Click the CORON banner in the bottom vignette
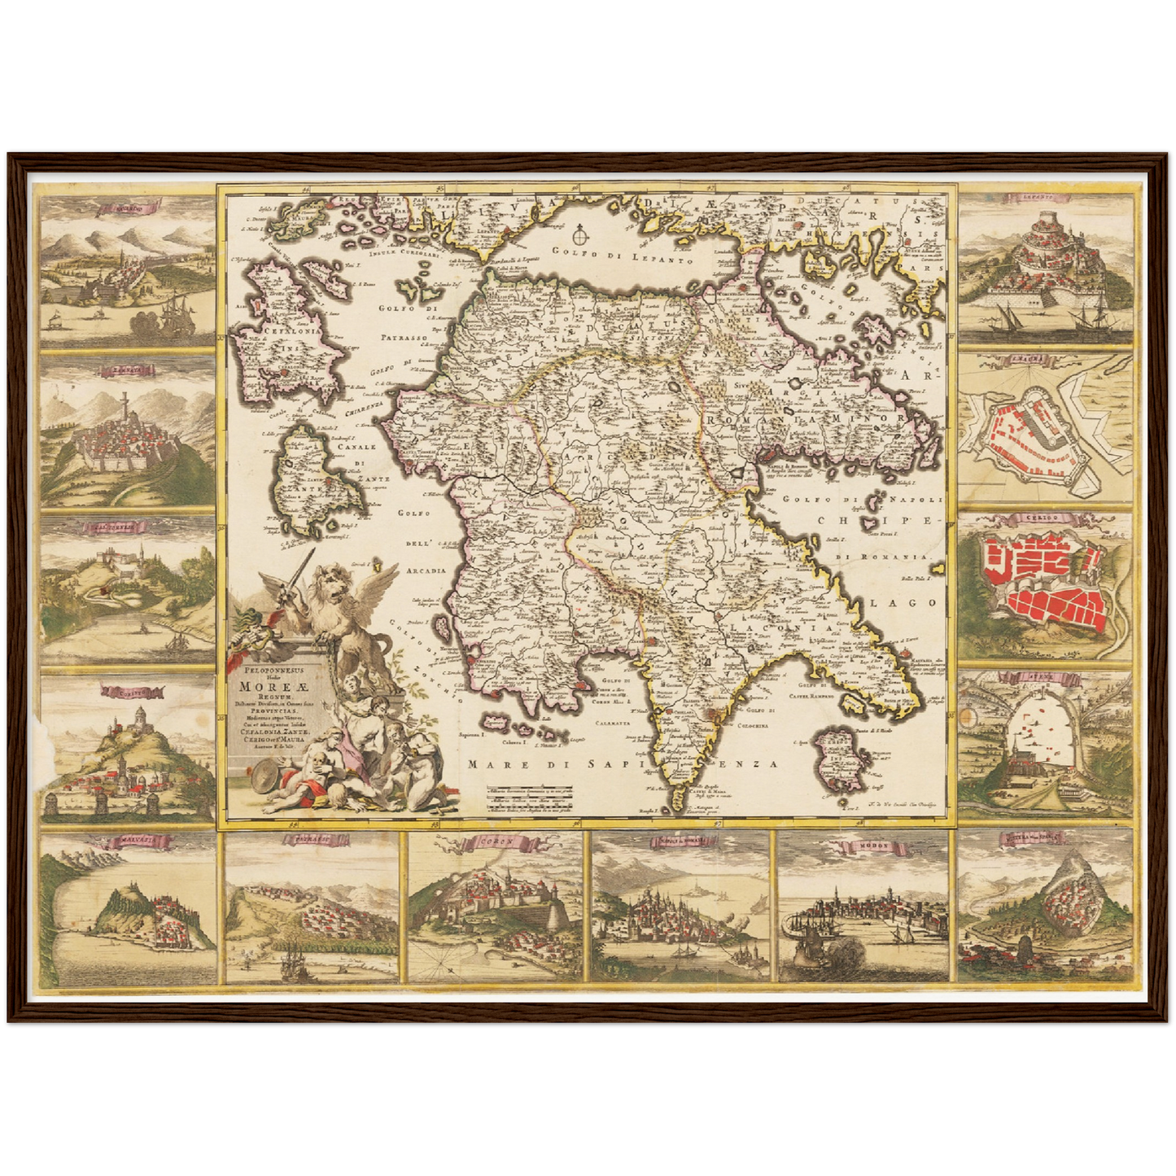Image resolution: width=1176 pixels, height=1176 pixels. (496, 842)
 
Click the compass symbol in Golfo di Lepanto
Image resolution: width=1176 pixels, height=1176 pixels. (579, 237)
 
